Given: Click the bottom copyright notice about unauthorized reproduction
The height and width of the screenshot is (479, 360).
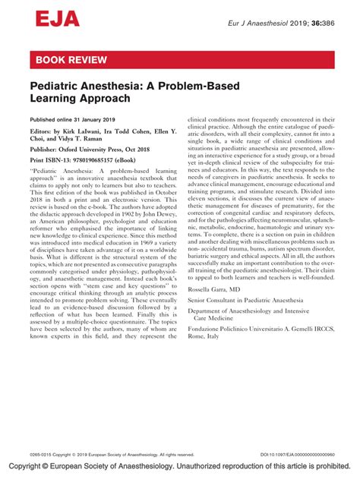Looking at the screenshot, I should coord(180,466).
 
